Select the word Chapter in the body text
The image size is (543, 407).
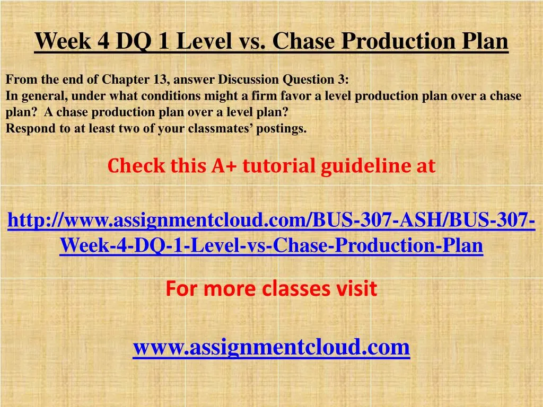(125, 80)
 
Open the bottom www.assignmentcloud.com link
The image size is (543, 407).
(271, 348)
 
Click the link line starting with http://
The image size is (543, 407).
(271, 221)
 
